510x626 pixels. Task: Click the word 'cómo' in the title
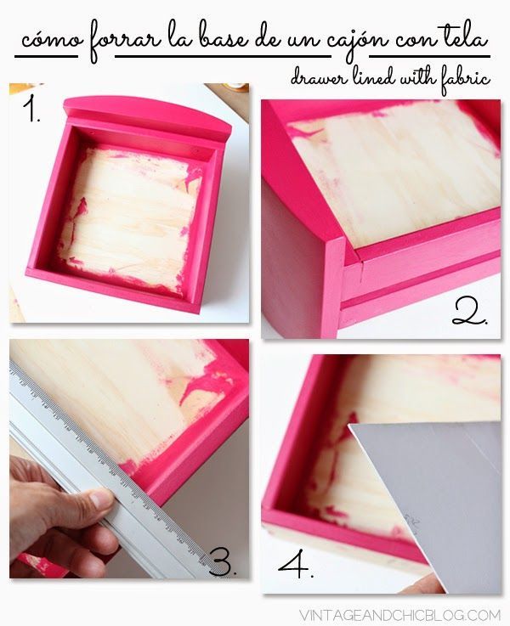pyautogui.click(x=52, y=40)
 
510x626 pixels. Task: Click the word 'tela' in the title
pyautogui.click(x=463, y=39)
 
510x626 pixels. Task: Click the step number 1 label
pyautogui.click(x=31, y=110)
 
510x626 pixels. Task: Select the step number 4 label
pyautogui.click(x=296, y=563)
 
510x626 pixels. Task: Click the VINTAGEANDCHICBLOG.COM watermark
pyautogui.click(x=399, y=614)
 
